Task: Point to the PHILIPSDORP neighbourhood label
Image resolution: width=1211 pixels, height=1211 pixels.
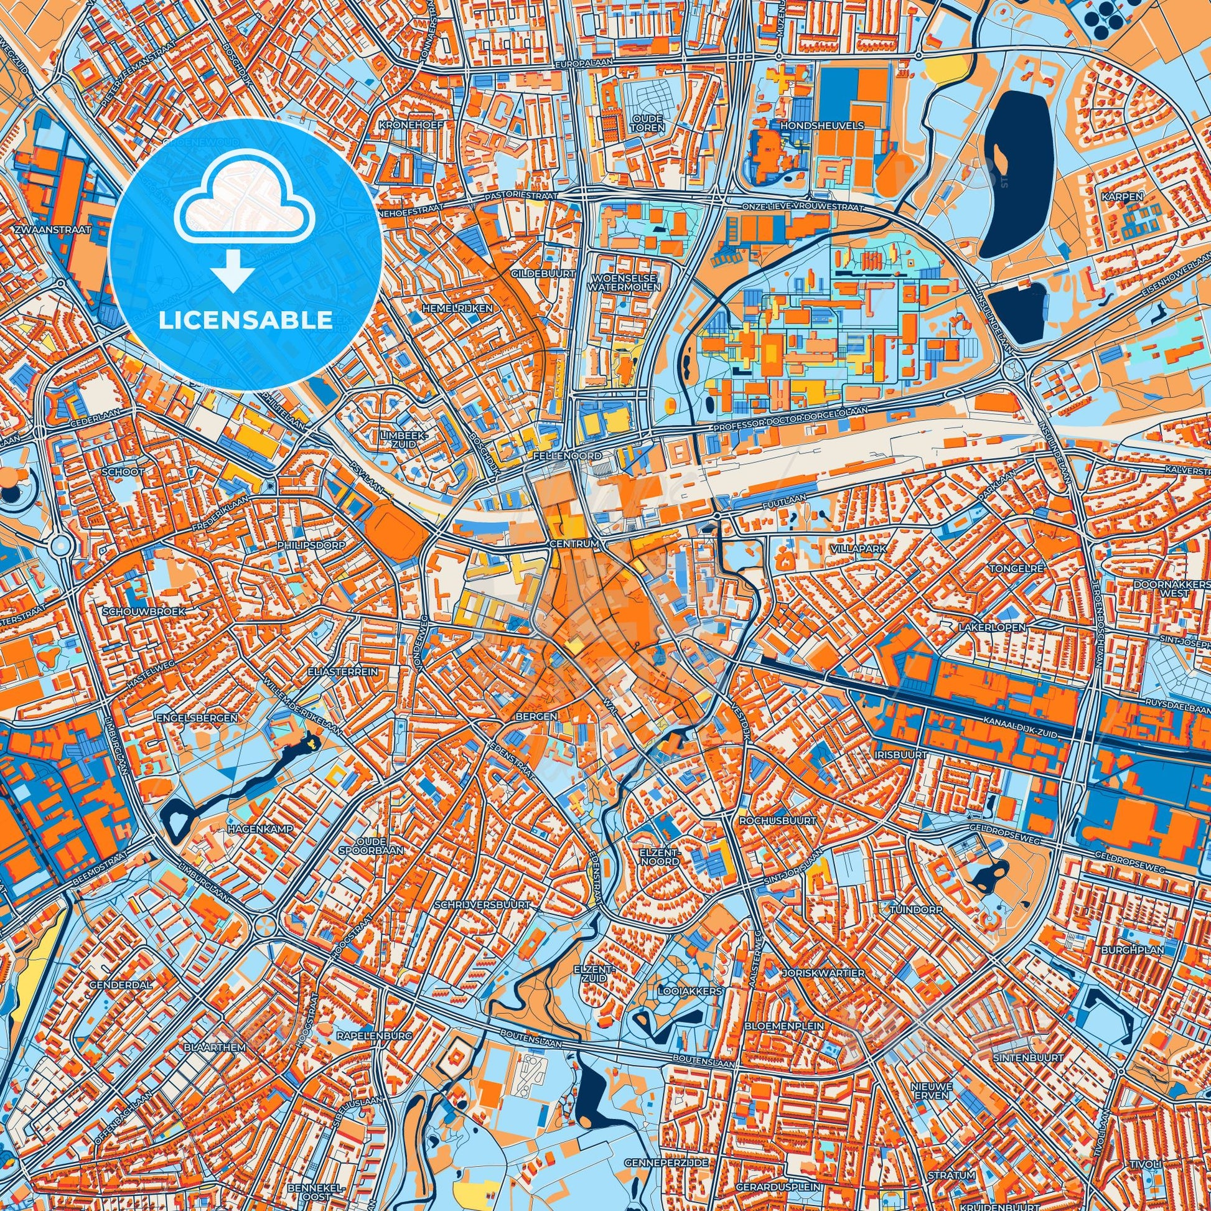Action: (311, 545)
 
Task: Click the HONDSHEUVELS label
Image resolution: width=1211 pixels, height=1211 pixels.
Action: (821, 125)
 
